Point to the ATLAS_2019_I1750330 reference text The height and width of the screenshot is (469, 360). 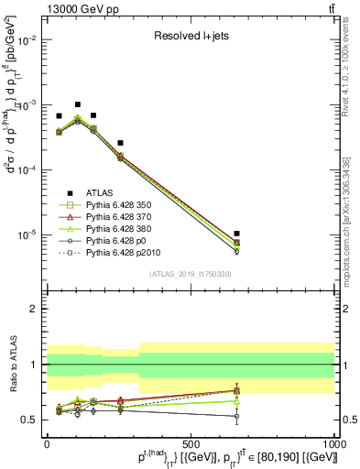point(190,274)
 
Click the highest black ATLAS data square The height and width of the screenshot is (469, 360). point(78,104)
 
